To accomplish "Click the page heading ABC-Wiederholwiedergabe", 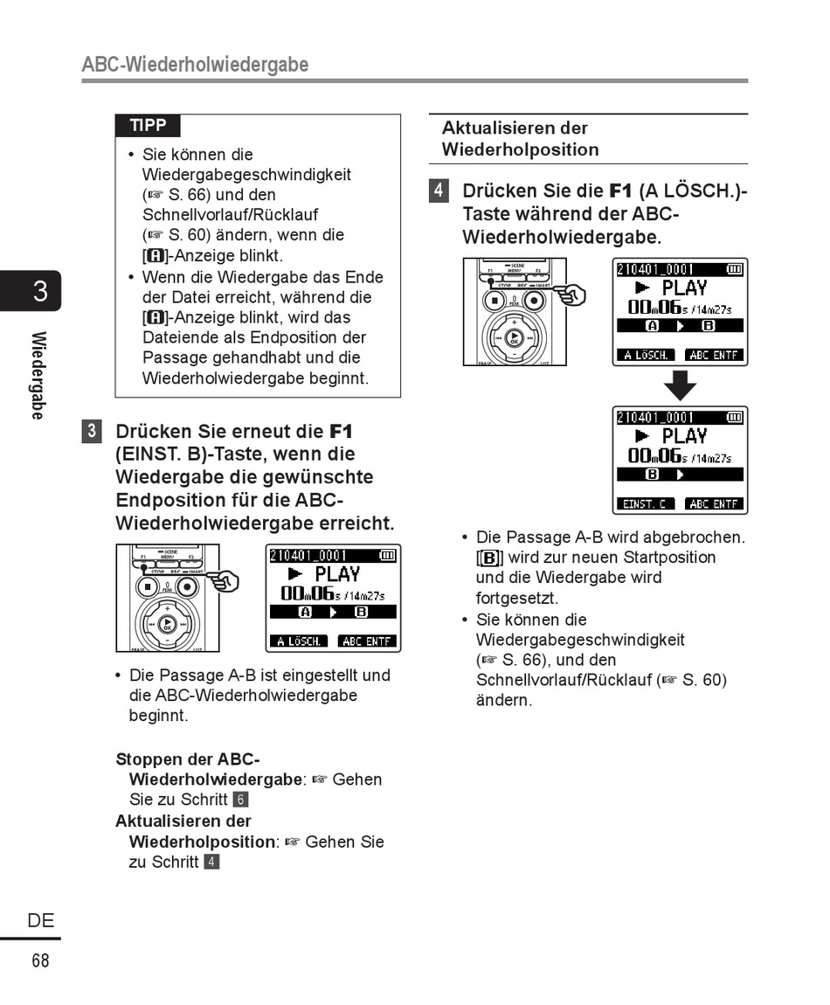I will [195, 65].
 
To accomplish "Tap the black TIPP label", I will [148, 125].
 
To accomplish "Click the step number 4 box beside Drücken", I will [439, 191].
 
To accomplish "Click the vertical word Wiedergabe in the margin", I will [38, 375].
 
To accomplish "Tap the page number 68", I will [40, 961].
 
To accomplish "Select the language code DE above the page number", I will [40, 920].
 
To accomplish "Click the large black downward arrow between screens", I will [680, 385].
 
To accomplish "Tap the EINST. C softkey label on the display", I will [646, 504].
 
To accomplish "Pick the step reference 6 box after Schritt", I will [241, 800].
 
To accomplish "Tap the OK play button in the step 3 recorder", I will [166, 623].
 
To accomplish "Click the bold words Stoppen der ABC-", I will [187, 759].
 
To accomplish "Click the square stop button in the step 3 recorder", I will [148, 586].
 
